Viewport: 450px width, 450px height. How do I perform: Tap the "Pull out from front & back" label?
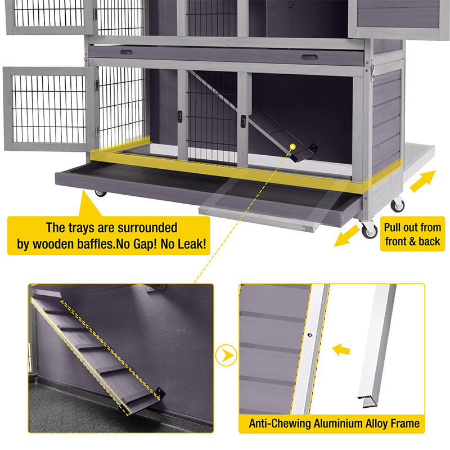[x=413, y=235]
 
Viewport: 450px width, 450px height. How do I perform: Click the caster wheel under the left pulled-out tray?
[x=101, y=193]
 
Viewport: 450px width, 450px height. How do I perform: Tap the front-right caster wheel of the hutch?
[x=370, y=230]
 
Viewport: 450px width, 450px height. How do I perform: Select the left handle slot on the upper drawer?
[x=126, y=52]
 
